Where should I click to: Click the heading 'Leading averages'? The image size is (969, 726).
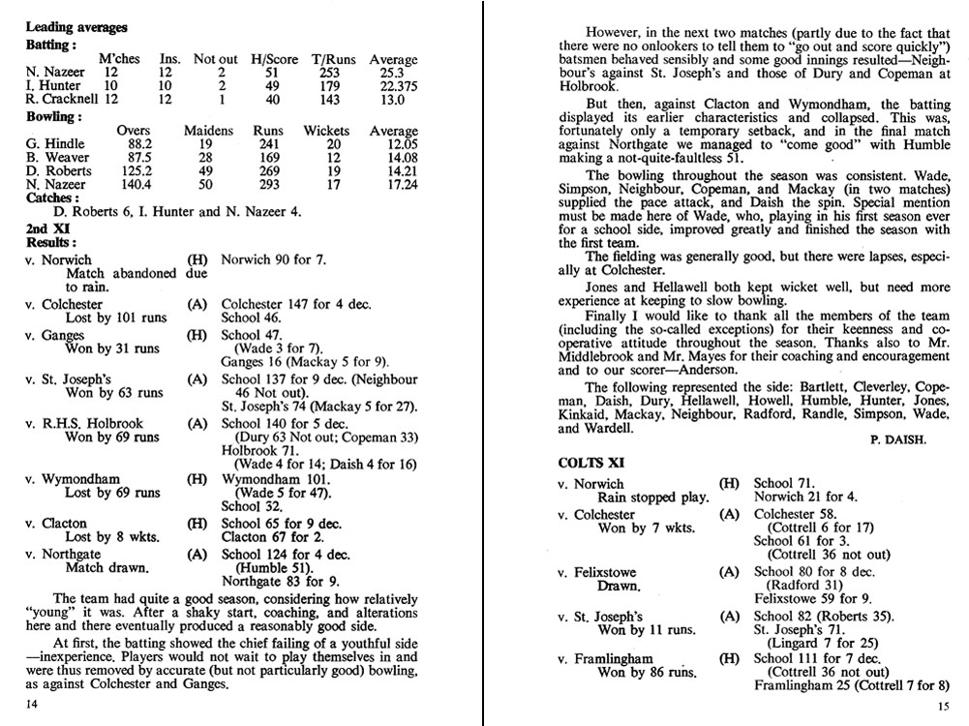click(76, 28)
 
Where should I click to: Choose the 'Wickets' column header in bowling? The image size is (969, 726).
click(326, 130)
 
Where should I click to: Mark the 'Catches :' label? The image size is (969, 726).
click(52, 198)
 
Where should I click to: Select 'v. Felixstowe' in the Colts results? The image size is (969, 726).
click(603, 572)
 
